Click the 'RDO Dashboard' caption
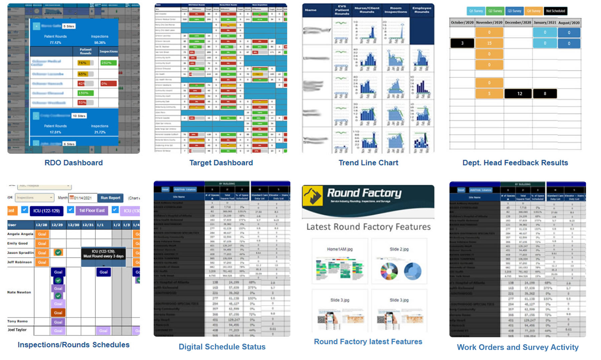(73, 163)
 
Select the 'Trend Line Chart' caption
(368, 163)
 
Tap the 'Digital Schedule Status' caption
(222, 347)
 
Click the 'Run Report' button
(110, 198)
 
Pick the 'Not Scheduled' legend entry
(555, 11)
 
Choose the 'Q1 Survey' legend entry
(476, 11)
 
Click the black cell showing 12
(519, 94)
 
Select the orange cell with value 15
(489, 43)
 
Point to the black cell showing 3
(462, 43)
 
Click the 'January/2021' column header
(545, 22)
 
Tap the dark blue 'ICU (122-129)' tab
(46, 211)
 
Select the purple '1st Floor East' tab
(92, 210)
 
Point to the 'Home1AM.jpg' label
(340, 249)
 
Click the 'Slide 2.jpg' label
(399, 249)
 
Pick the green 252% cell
(108, 63)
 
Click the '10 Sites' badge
(79, 116)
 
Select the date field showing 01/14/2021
(83, 198)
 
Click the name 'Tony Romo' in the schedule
(17, 321)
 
